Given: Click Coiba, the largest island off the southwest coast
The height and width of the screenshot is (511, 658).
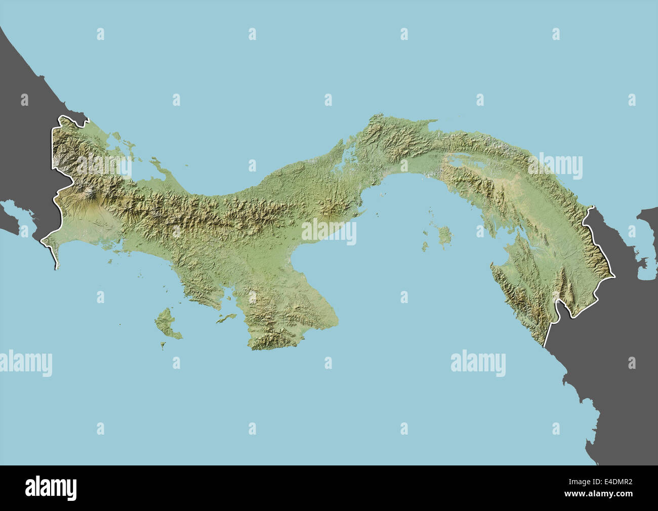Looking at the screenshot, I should pos(167,323).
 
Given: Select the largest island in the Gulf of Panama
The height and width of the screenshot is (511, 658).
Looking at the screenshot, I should pos(445,235).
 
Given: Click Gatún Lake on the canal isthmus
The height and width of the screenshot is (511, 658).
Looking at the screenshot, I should pos(348,152).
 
